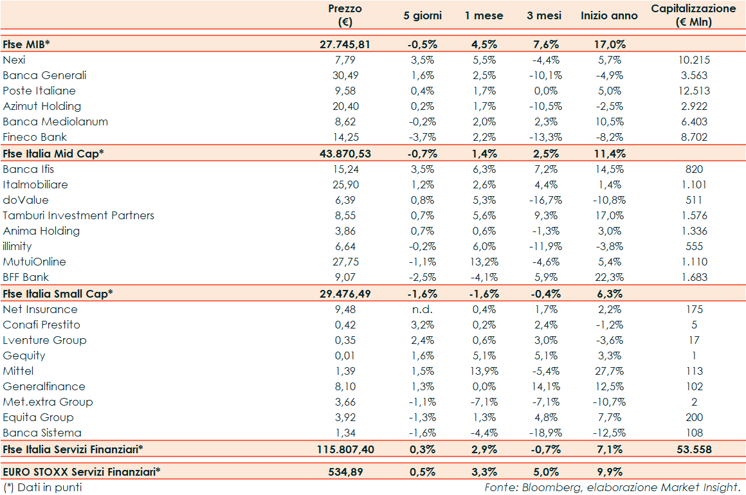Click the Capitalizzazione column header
tap(694, 15)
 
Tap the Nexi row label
tap(14, 60)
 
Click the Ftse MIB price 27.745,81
tap(345, 44)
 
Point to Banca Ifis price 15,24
tap(345, 169)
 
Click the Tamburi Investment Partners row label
tap(78, 215)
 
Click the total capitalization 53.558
tap(695, 449)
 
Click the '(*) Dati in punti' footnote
tap(42, 487)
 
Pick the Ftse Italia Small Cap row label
tap(58, 294)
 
